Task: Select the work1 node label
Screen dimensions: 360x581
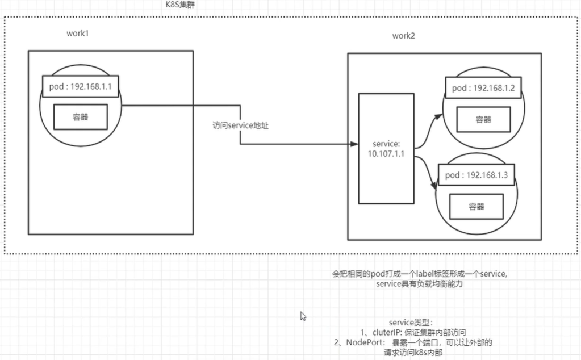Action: click(78, 33)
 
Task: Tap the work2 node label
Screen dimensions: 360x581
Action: click(404, 36)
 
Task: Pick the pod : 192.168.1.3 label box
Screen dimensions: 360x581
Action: click(475, 175)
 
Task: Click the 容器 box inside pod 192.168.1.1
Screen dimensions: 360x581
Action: click(80, 116)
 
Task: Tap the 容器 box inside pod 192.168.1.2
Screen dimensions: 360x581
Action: click(483, 120)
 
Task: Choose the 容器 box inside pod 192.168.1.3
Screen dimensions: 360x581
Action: click(476, 207)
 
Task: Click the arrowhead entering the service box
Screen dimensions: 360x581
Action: click(354, 144)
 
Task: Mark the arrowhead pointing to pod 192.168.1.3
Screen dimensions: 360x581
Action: click(434, 184)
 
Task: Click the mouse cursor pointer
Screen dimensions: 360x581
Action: click(303, 315)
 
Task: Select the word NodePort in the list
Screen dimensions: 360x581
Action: click(363, 342)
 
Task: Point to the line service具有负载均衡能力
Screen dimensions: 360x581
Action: click(420, 283)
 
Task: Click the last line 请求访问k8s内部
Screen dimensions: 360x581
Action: click(413, 353)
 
